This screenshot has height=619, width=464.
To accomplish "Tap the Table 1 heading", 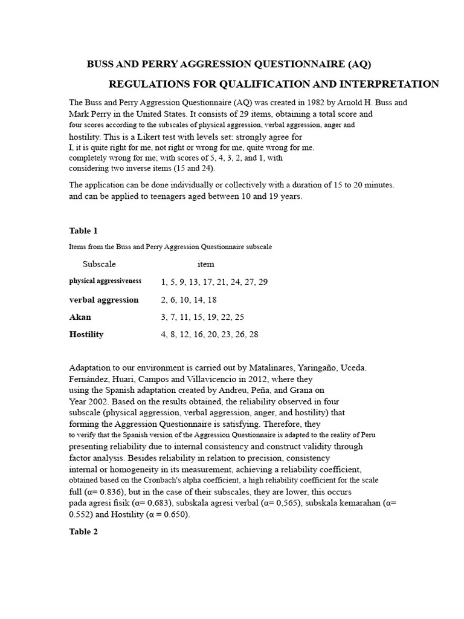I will pos(83,231).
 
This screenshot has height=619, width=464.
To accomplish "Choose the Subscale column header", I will pos(99,264).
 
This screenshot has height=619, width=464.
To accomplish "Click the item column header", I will pos(205,264).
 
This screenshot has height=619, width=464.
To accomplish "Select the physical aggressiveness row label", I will pos(105,281).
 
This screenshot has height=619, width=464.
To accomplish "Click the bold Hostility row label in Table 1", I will pos(86,334).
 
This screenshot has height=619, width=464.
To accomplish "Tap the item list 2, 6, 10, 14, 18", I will pos(188,300).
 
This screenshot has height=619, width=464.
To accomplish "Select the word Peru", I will pos(369,435).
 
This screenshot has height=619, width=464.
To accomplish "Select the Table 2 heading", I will pos(83,532).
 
